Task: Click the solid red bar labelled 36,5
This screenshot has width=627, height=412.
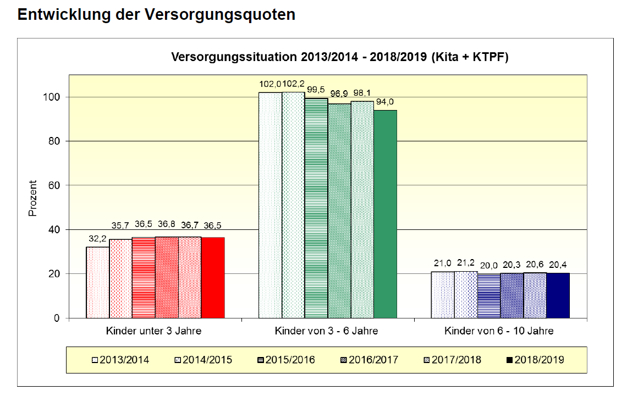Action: coord(213,278)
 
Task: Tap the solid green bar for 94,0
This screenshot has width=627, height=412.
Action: coord(385,214)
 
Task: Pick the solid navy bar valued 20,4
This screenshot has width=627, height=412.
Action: coord(558,295)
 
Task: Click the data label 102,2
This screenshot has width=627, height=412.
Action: coord(293,84)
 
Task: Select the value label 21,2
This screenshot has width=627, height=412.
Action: coord(466,263)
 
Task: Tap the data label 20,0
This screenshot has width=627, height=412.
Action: coord(488,266)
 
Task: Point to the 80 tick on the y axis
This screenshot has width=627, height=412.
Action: coord(53,141)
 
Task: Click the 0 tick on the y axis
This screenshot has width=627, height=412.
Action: coord(57,318)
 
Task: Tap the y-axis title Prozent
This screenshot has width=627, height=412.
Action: coord(32,199)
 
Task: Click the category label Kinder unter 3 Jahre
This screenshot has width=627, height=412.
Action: coord(154,331)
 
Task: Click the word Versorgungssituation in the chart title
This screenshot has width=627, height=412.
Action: coord(233,57)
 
